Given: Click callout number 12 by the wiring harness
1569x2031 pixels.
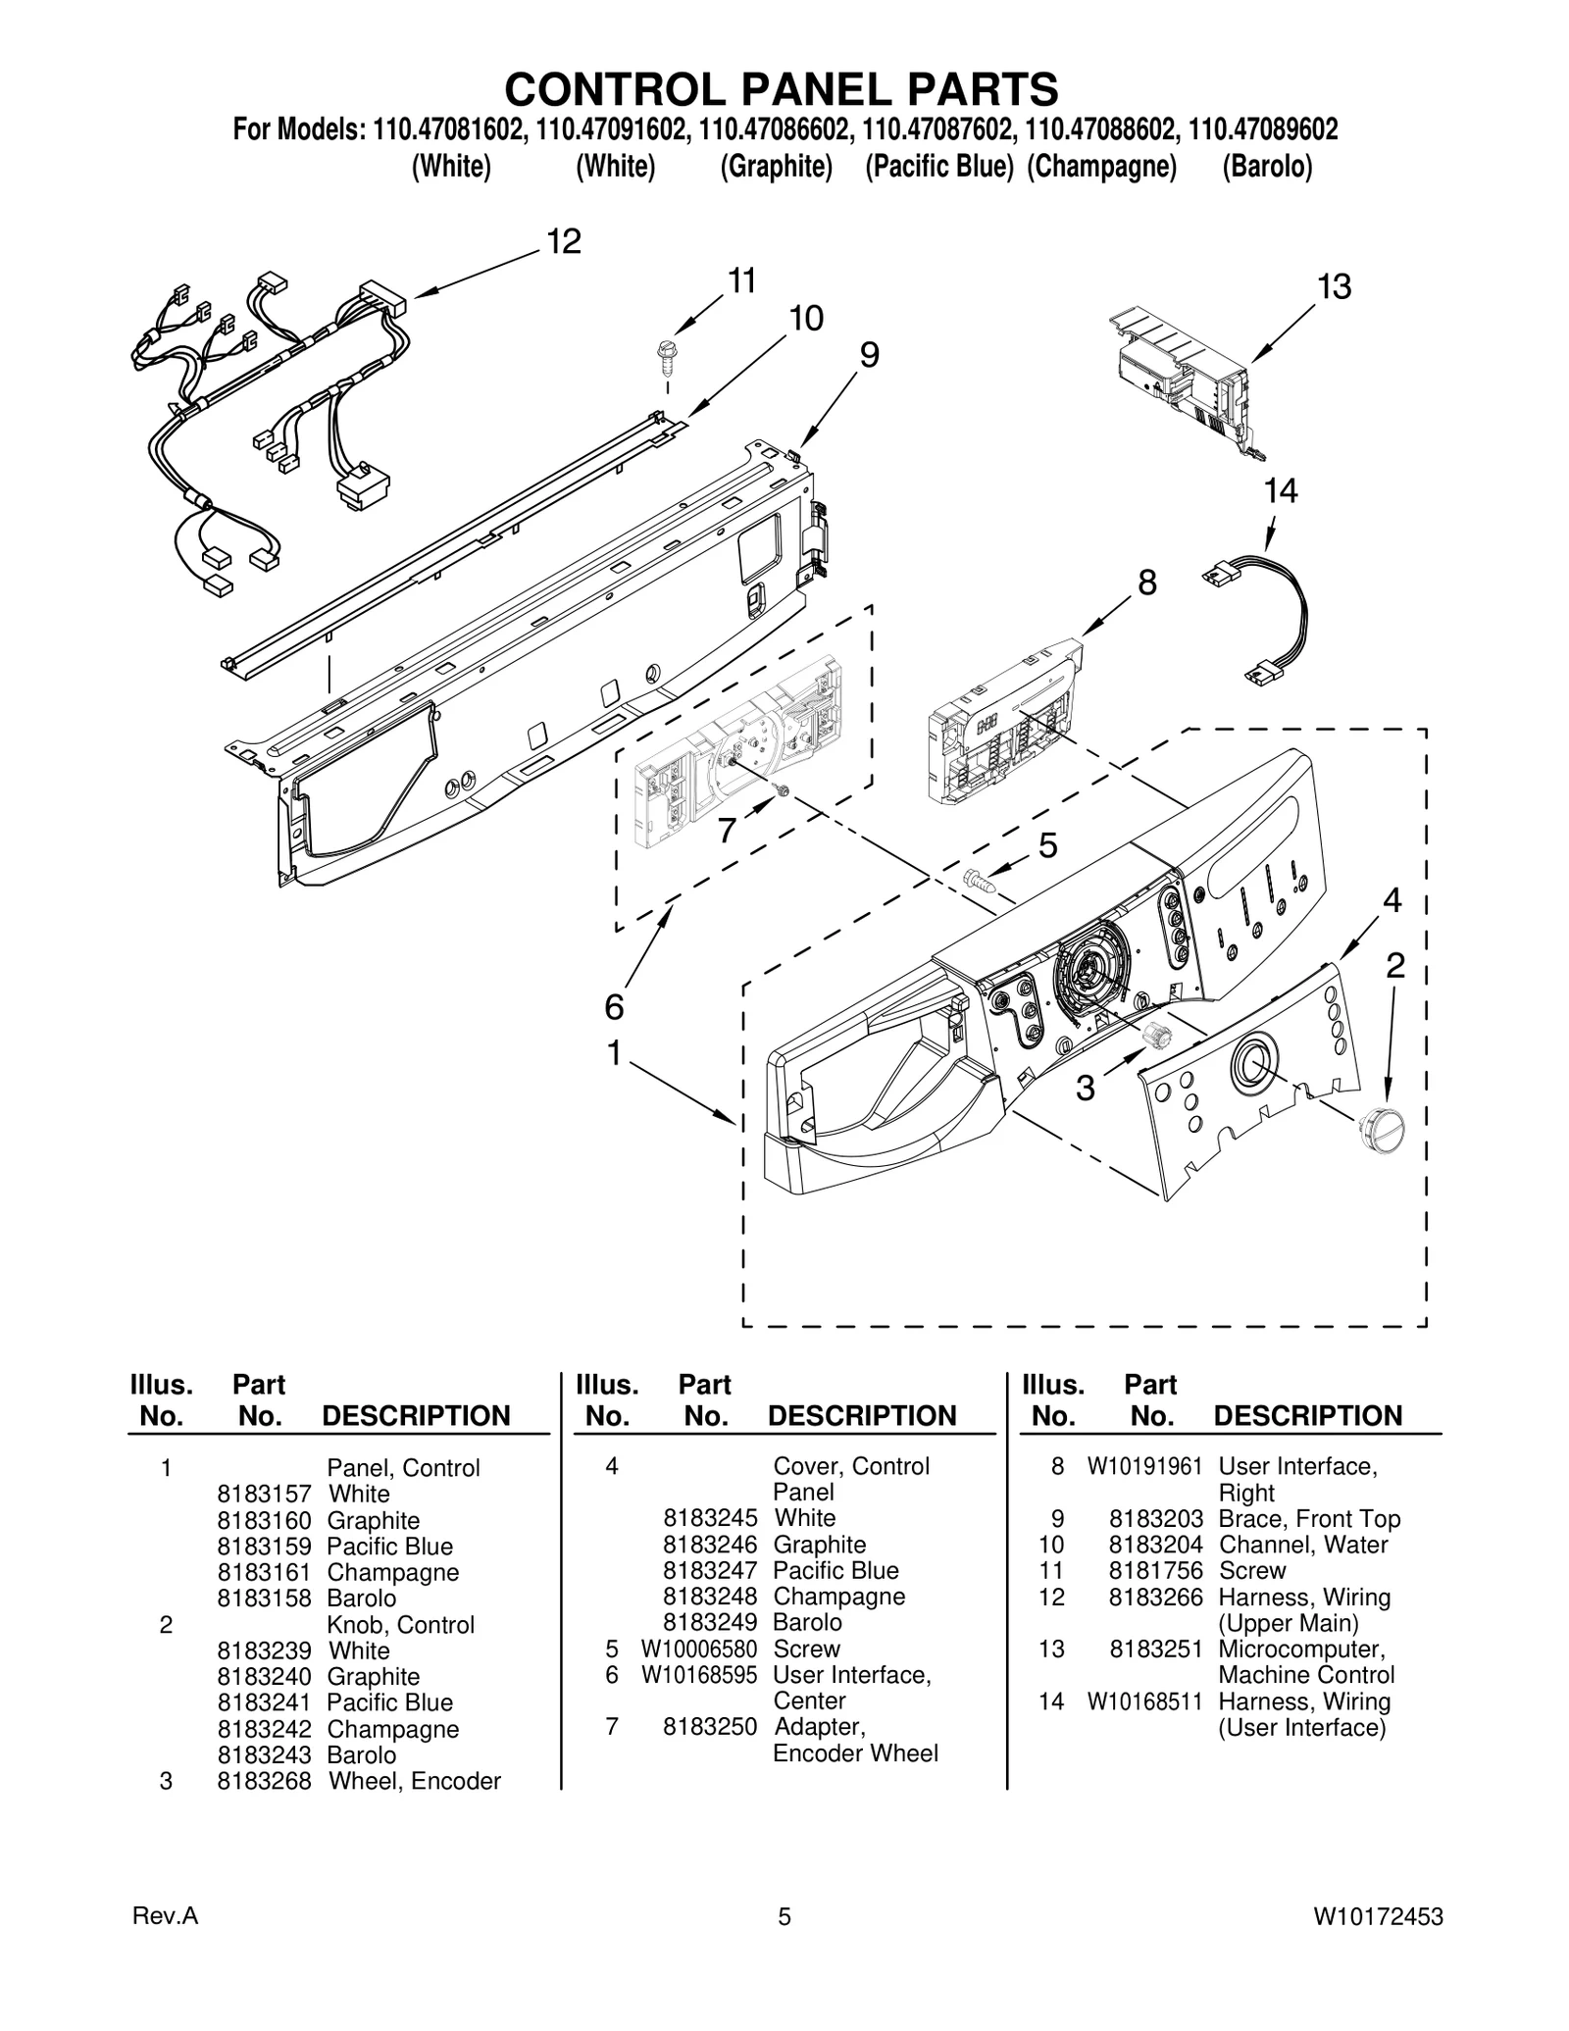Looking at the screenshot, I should point(564,241).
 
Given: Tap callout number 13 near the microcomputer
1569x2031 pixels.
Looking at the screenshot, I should point(1334,286).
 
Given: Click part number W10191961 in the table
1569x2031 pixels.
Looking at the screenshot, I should point(1143,1466).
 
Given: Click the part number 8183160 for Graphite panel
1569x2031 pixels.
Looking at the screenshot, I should point(264,1520).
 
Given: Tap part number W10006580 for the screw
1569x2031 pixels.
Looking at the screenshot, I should point(699,1649).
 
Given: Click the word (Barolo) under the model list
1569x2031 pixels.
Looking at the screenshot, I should point(1266,167).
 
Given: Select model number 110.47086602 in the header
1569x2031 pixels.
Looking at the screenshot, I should point(775,129).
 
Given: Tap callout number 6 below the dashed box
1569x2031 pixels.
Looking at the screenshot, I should point(614,1006).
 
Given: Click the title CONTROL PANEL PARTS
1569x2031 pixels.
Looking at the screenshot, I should point(782,88).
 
